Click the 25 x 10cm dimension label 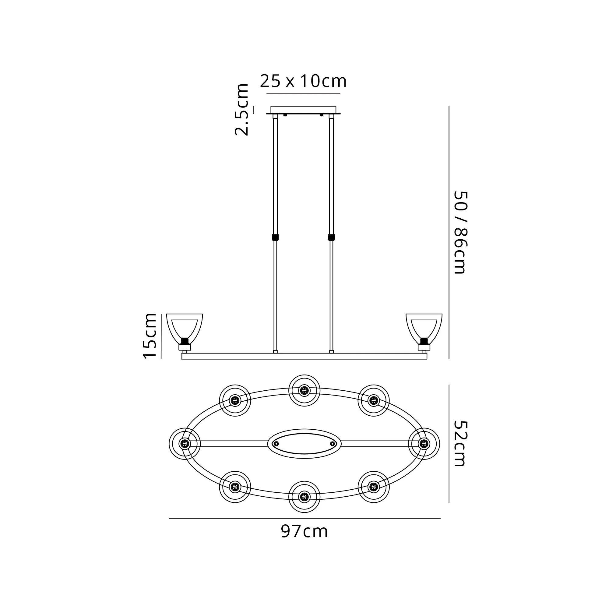303,81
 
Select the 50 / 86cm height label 459,232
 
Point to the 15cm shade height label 150,336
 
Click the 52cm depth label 459,444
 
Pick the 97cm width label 304,531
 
